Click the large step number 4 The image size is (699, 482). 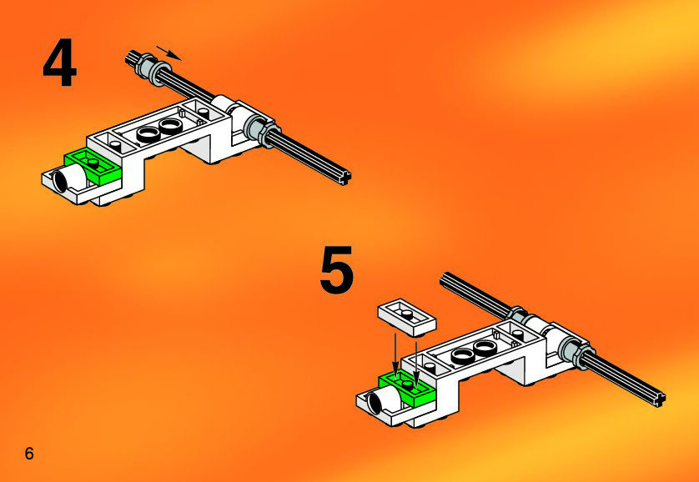coord(60,63)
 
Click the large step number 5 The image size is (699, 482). coord(337,269)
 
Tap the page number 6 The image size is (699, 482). coord(29,454)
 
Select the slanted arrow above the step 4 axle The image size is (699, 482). coord(169,53)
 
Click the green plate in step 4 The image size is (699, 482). coord(94,166)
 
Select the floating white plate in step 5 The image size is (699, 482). coord(407,317)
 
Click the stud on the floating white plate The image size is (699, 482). coord(406,314)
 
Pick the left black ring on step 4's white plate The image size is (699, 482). coord(148,133)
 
